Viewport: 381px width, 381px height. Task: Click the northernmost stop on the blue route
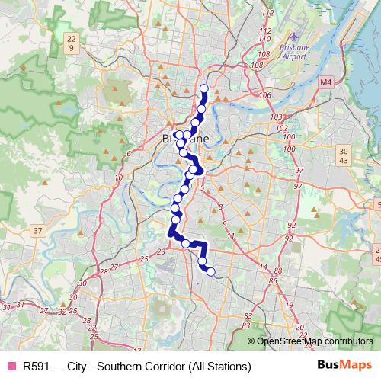(x=204, y=88)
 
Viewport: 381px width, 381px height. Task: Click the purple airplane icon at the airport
(x=295, y=36)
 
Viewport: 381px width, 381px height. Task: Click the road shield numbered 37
(x=37, y=230)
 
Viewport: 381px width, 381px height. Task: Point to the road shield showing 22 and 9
(x=71, y=43)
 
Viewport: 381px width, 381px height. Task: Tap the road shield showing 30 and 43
(x=344, y=155)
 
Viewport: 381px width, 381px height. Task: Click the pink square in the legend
(x=10, y=365)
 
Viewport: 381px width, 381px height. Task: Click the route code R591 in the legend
(x=37, y=365)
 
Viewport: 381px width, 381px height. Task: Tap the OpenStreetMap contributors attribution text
(x=315, y=341)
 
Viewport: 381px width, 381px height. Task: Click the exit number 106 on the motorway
(x=265, y=95)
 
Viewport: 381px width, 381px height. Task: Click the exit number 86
(x=273, y=280)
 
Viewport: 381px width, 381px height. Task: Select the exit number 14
(x=264, y=267)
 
